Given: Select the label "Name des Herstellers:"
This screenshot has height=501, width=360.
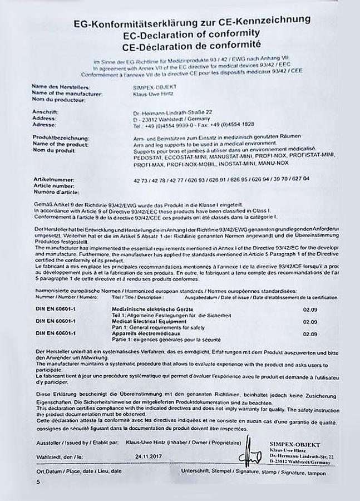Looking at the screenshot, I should [61, 87].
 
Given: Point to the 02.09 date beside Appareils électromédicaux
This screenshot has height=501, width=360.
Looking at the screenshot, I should [310, 334].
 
